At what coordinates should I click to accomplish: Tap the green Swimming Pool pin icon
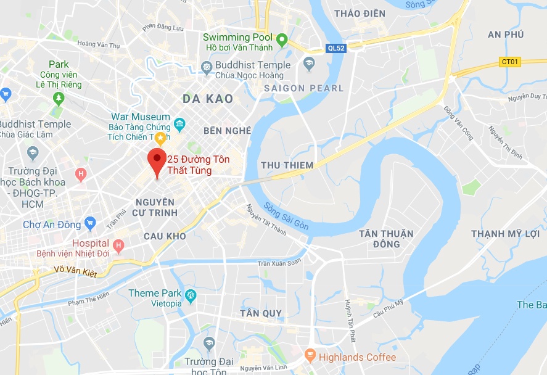[282, 41]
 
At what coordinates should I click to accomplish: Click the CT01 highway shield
[509, 62]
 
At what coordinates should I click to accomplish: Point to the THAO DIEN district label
[359, 13]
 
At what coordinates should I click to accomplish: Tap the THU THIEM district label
[287, 165]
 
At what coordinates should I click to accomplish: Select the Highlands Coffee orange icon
[310, 356]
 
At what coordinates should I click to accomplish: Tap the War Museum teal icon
[179, 124]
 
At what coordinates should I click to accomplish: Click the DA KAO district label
[208, 99]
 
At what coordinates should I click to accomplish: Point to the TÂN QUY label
[261, 313]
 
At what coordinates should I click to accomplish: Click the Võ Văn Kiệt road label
[75, 271]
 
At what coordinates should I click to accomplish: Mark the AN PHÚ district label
[506, 35]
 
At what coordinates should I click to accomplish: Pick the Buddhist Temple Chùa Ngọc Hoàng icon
[206, 66]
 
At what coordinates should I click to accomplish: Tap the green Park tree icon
[59, 97]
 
